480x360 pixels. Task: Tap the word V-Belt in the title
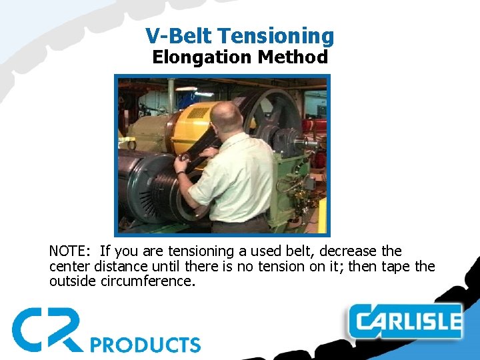178,36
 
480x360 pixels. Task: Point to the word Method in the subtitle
293,57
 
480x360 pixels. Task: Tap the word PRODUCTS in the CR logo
145,345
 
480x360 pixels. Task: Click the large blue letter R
64,329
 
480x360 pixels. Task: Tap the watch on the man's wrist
181,173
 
